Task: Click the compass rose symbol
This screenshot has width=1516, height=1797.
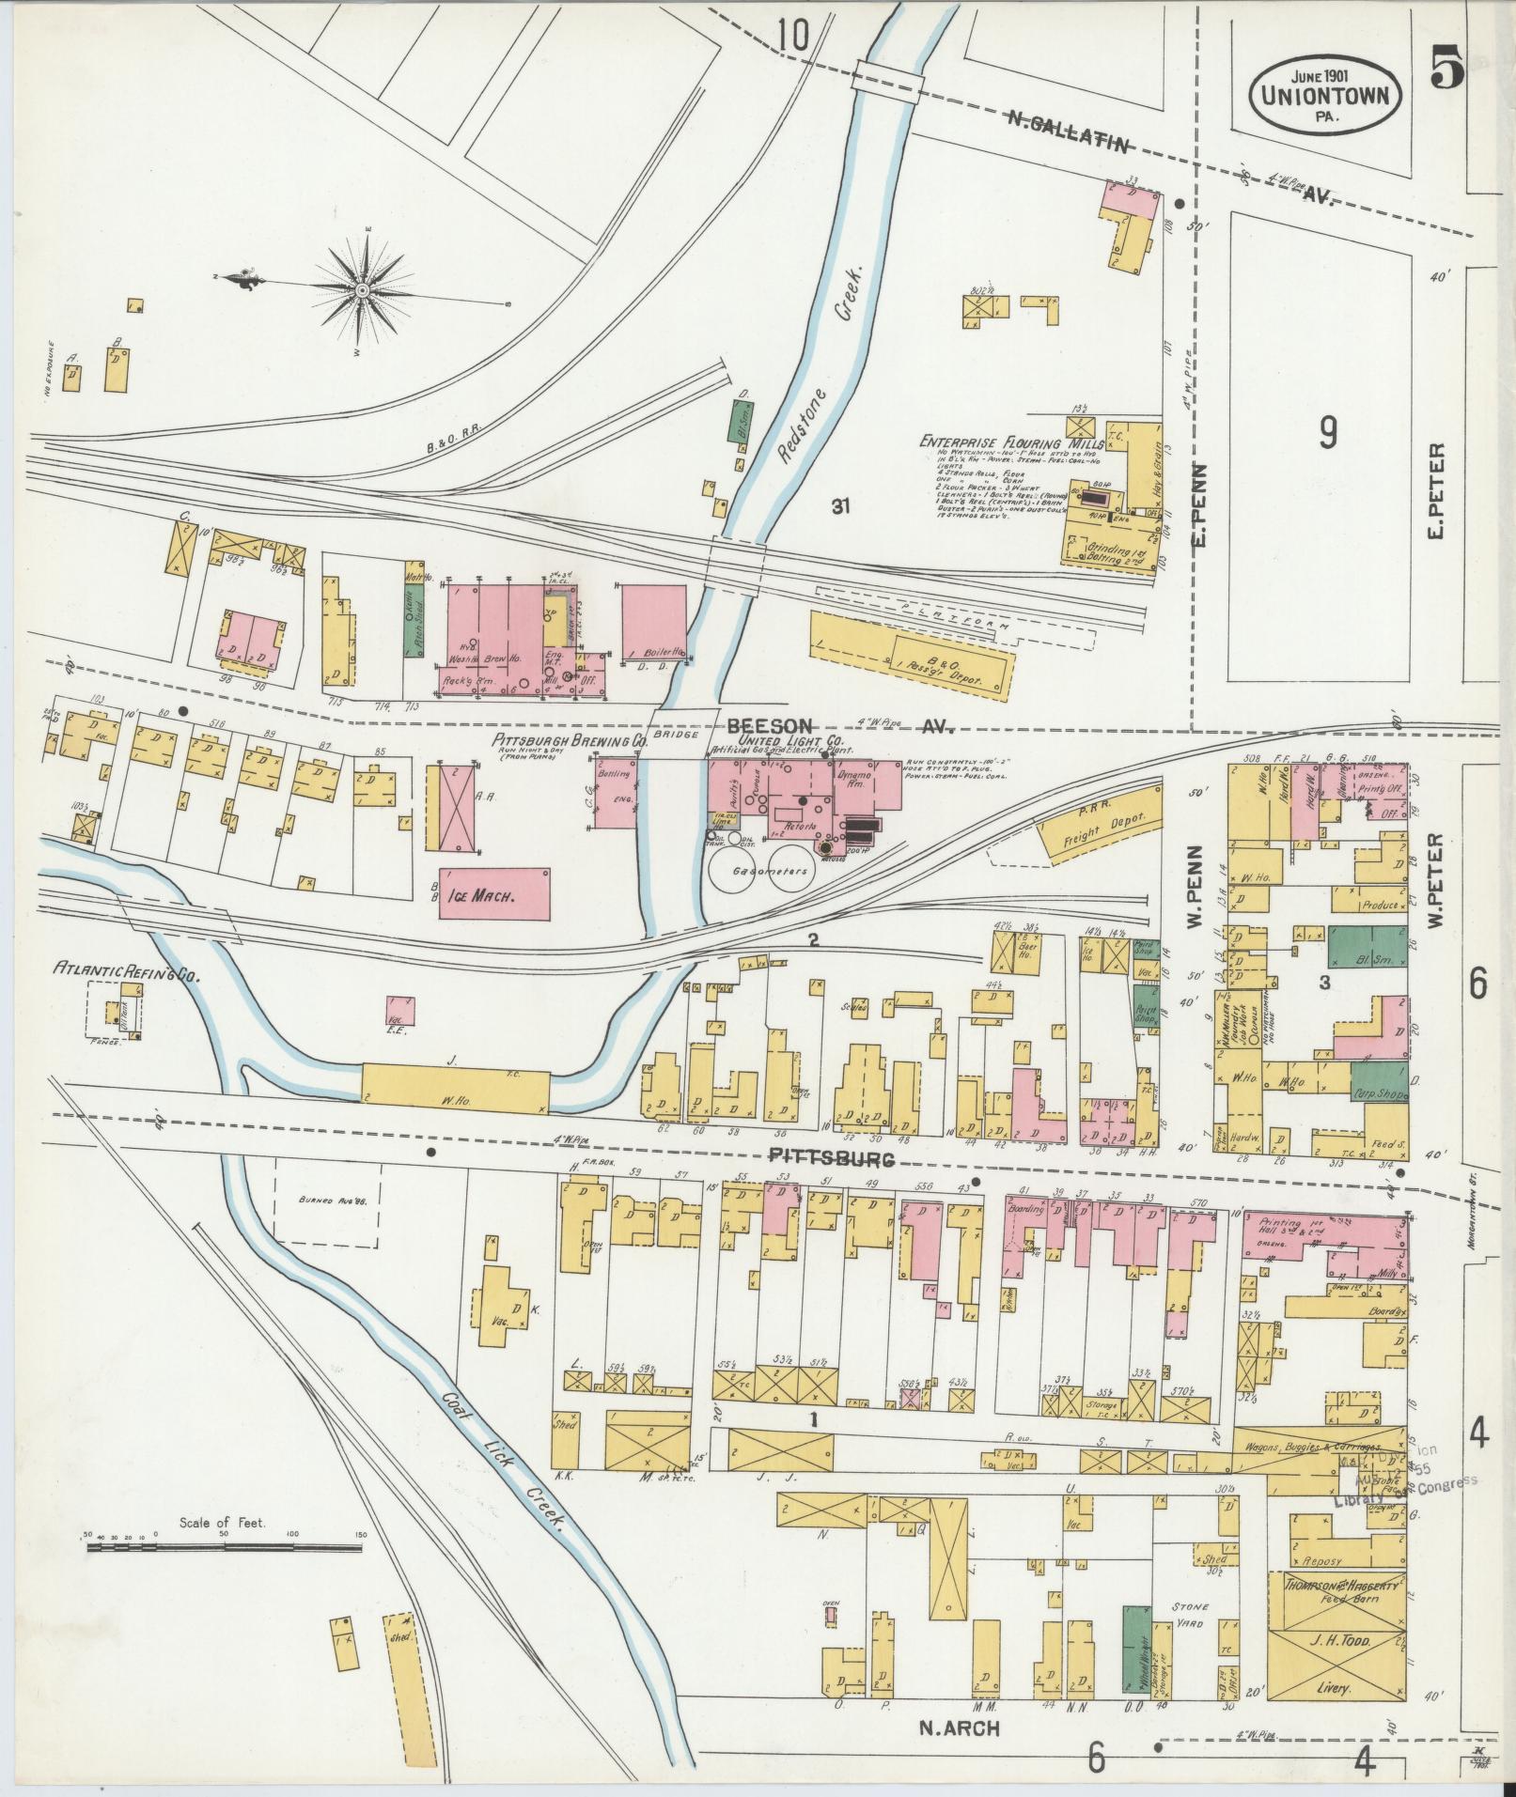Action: pyautogui.click(x=361, y=291)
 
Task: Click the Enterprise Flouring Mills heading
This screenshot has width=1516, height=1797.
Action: pyautogui.click(x=998, y=442)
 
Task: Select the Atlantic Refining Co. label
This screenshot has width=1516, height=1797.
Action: pyautogui.click(x=128, y=968)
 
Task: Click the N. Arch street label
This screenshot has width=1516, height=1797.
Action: pyautogui.click(x=958, y=1727)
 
